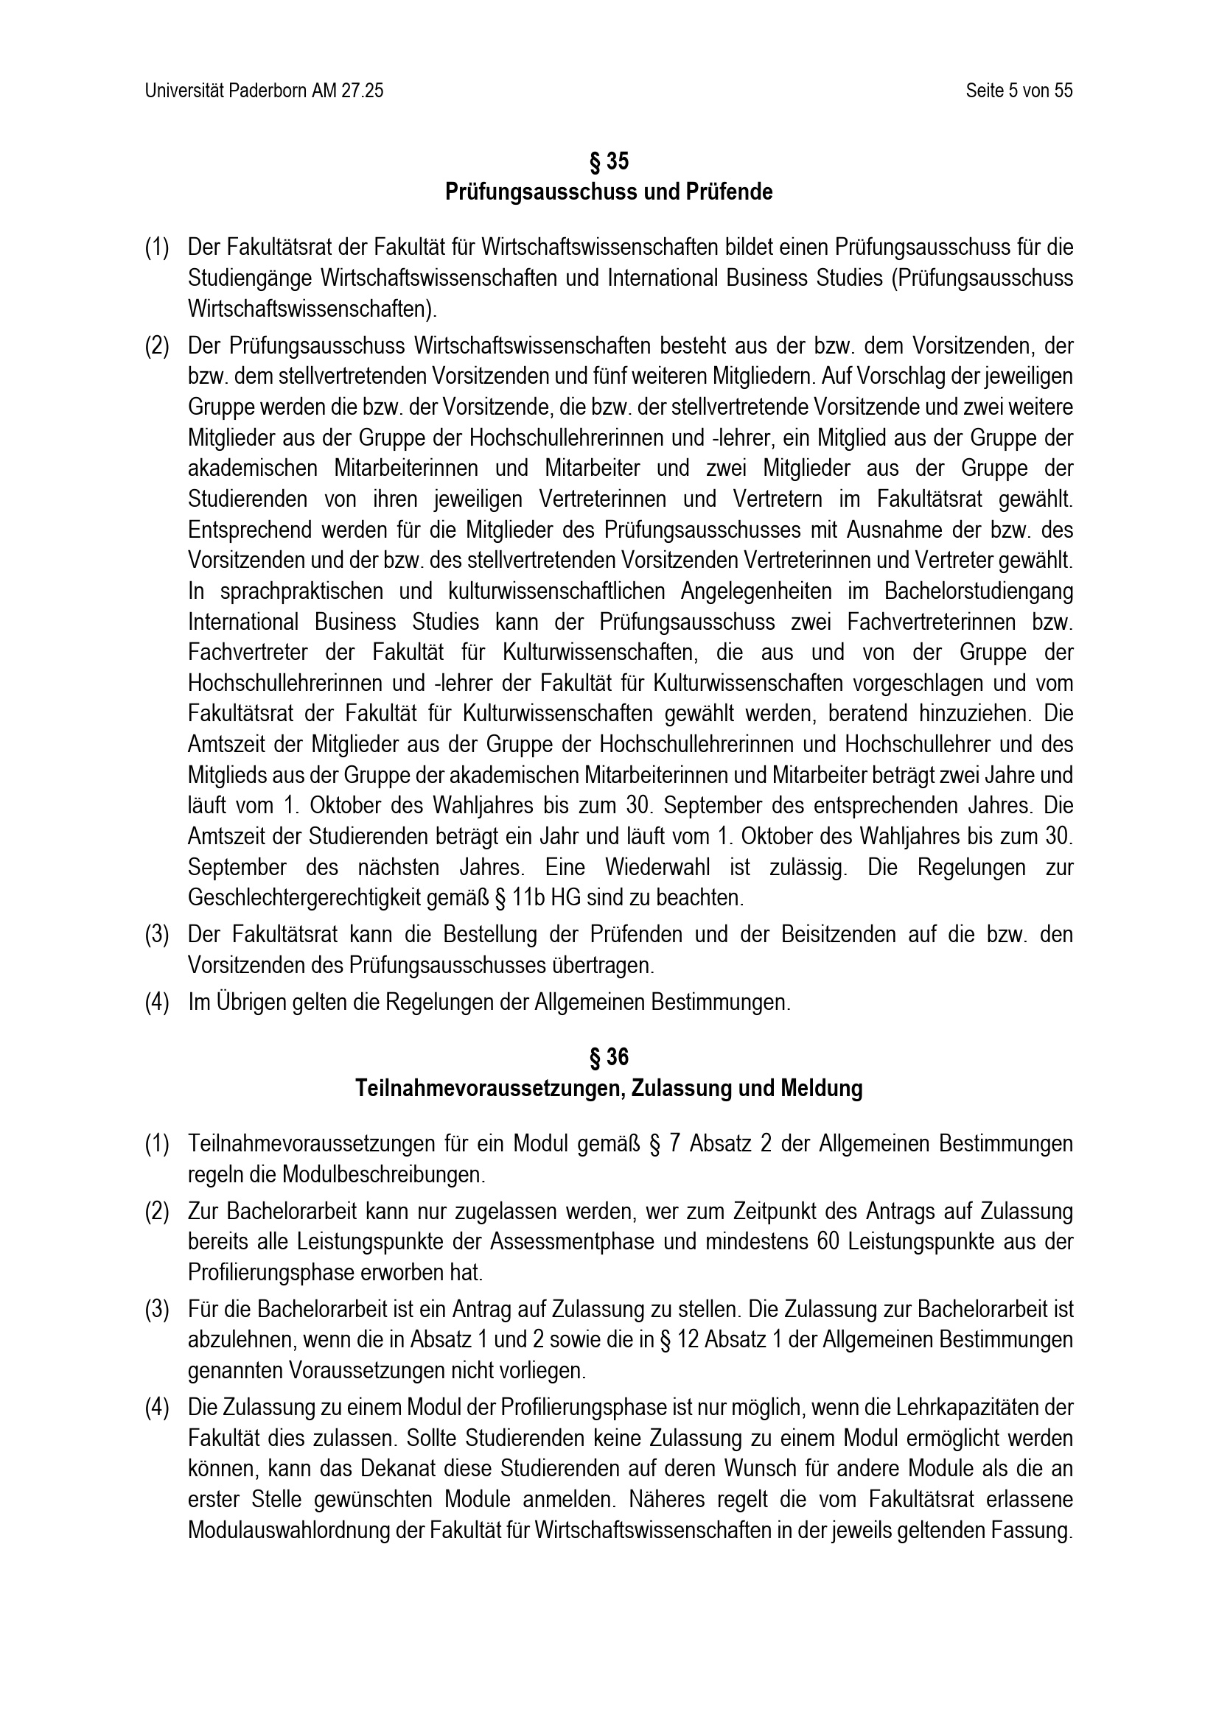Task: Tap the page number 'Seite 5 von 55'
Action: pyautogui.click(x=1019, y=91)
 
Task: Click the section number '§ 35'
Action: pyautogui.click(x=609, y=161)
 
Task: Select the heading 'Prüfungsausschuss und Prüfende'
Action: pyautogui.click(x=609, y=192)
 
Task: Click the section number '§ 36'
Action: pyautogui.click(x=609, y=1057)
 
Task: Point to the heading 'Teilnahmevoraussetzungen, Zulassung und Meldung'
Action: pyautogui.click(x=609, y=1088)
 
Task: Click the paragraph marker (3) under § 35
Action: pyautogui.click(x=157, y=935)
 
